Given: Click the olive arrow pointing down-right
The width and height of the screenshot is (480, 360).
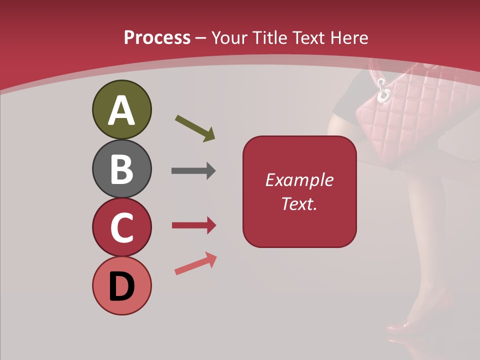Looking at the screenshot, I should click(x=195, y=128).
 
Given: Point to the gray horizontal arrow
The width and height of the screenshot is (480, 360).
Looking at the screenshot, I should click(x=193, y=171).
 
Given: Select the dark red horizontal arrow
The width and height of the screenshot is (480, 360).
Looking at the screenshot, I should click(x=194, y=225).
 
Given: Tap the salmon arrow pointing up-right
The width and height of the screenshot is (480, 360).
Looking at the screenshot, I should click(x=195, y=264).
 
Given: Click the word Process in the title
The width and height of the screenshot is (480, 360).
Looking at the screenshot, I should click(x=157, y=37).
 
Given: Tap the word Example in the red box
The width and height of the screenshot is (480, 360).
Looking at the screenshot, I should click(x=299, y=180).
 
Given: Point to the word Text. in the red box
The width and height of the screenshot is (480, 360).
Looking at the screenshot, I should click(x=299, y=203).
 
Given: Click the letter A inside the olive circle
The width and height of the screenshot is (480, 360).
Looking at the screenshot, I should click(x=121, y=110).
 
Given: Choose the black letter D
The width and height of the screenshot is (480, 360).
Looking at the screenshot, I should click(x=121, y=286).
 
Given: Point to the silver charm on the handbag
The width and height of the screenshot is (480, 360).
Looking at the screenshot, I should click(x=384, y=92).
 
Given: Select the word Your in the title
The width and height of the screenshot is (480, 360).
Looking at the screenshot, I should click(x=228, y=37).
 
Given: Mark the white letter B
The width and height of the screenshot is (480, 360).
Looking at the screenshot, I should click(x=121, y=169).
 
